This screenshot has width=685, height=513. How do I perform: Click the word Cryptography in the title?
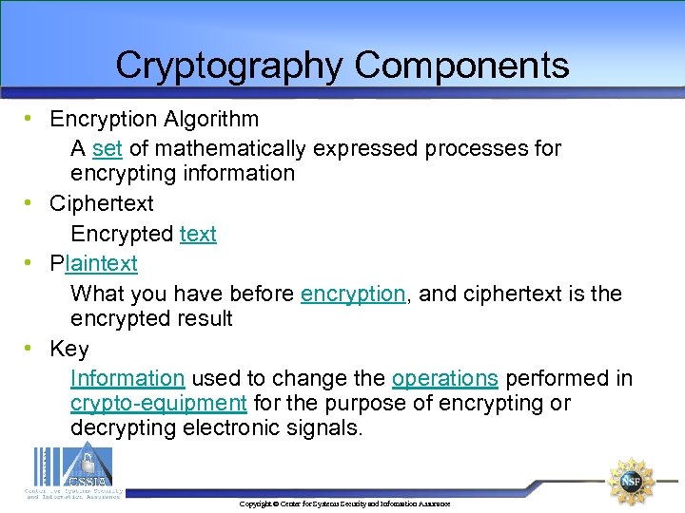[x=229, y=66]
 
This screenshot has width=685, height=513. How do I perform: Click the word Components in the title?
[x=462, y=66]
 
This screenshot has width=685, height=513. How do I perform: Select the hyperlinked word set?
[x=108, y=148]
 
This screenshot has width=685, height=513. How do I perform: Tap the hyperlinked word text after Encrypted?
[x=198, y=234]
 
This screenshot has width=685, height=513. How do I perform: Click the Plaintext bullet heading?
[x=93, y=263]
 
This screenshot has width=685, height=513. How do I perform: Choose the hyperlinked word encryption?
[x=353, y=294]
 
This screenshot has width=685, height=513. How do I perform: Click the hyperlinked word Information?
[x=127, y=378]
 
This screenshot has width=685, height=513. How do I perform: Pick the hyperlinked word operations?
[x=444, y=378]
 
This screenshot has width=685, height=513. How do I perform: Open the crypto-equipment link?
[x=159, y=403]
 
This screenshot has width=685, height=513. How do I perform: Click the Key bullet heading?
[x=68, y=349]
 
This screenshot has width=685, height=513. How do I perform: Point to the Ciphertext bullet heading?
[x=101, y=203]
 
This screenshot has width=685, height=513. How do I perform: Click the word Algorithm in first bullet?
[x=210, y=119]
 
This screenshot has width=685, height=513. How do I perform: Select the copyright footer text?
[x=344, y=503]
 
